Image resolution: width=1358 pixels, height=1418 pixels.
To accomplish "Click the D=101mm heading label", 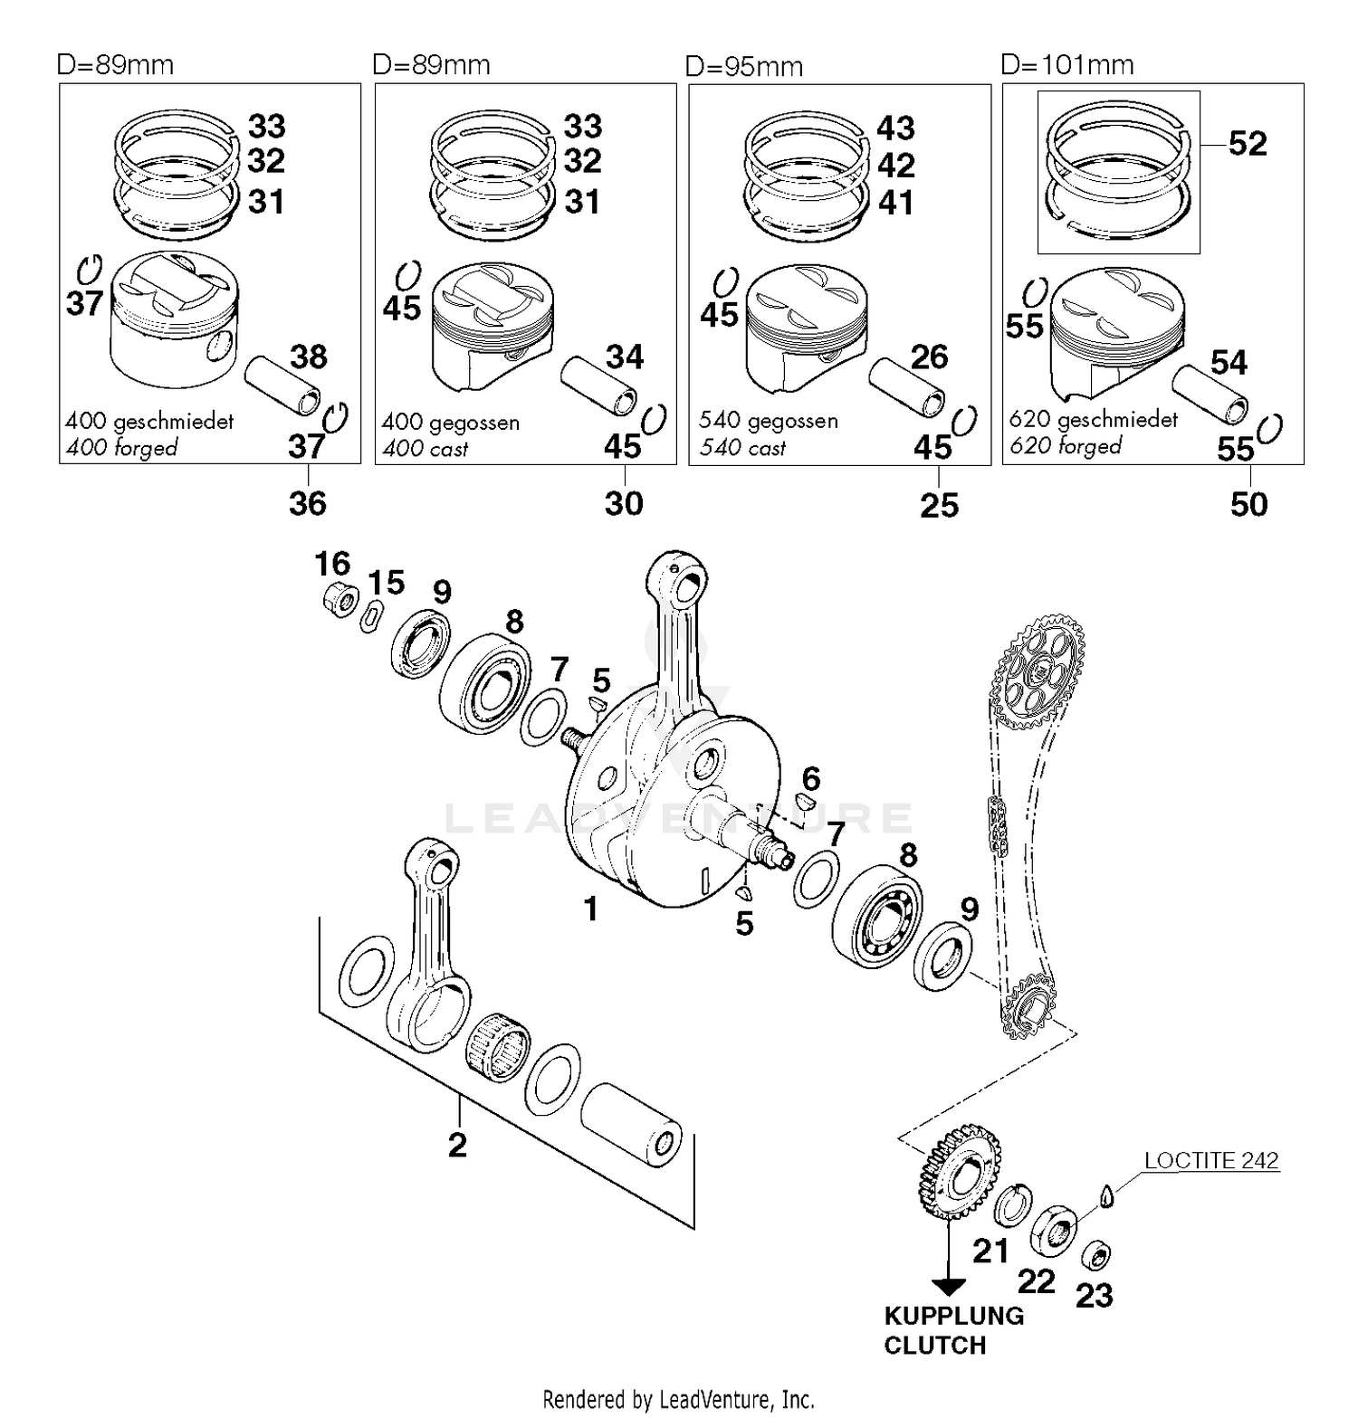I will click(x=1066, y=65).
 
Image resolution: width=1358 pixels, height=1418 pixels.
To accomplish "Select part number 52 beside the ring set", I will click(x=1247, y=144).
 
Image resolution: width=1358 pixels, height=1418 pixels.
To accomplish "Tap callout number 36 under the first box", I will click(x=307, y=503).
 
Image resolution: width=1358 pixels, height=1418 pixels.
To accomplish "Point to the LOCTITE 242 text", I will click(x=1210, y=1160).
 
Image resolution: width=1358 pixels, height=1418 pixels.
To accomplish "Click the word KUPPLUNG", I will click(x=953, y=1316).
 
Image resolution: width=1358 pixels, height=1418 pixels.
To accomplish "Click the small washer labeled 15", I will click(x=369, y=619).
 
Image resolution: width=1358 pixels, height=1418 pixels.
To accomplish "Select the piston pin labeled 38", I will click(x=282, y=386).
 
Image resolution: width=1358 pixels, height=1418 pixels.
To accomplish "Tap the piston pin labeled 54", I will click(x=1210, y=395).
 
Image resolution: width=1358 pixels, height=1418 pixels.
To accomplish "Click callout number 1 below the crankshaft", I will click(x=590, y=909).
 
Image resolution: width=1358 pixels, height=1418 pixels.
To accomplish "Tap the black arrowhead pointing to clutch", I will click(x=948, y=1286).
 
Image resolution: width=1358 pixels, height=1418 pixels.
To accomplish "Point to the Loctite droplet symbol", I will click(x=1105, y=1196).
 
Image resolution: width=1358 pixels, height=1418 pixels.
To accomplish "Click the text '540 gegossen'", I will click(x=768, y=421).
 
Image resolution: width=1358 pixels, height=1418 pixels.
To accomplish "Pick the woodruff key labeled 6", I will click(x=806, y=800).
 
